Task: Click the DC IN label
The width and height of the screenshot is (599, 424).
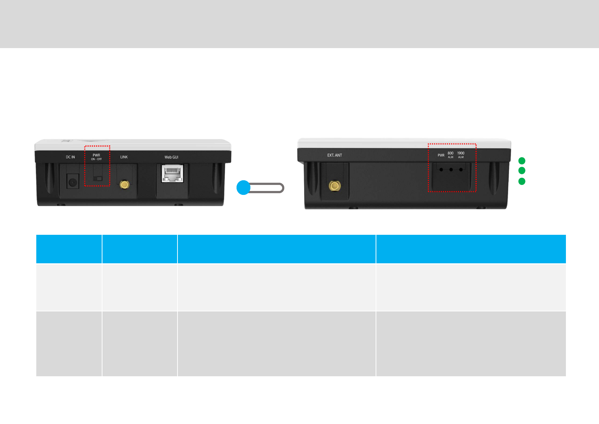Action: (70, 157)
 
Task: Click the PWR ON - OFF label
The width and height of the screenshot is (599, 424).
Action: (96, 157)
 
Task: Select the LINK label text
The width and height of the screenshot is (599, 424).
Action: (124, 157)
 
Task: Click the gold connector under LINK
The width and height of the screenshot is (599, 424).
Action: (124, 185)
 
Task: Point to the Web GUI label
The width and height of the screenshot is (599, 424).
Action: (171, 157)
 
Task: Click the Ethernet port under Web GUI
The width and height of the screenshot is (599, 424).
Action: (173, 174)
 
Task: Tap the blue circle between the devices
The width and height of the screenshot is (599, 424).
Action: (244, 188)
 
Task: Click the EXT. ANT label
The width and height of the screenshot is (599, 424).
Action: (334, 155)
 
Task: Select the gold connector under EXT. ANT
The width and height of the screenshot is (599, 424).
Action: (334, 186)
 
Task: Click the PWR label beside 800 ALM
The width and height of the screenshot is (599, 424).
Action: (441, 155)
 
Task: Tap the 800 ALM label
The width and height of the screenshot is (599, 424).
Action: (451, 155)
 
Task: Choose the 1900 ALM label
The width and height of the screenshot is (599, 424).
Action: (461, 155)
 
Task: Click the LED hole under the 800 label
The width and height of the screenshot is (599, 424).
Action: (451, 170)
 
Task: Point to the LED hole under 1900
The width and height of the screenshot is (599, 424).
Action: (461, 170)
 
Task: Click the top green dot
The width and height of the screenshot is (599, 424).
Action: (522, 161)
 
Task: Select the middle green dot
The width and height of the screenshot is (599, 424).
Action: (522, 171)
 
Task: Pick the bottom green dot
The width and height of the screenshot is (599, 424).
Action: (522, 181)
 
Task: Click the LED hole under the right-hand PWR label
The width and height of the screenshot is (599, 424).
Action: (441, 170)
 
